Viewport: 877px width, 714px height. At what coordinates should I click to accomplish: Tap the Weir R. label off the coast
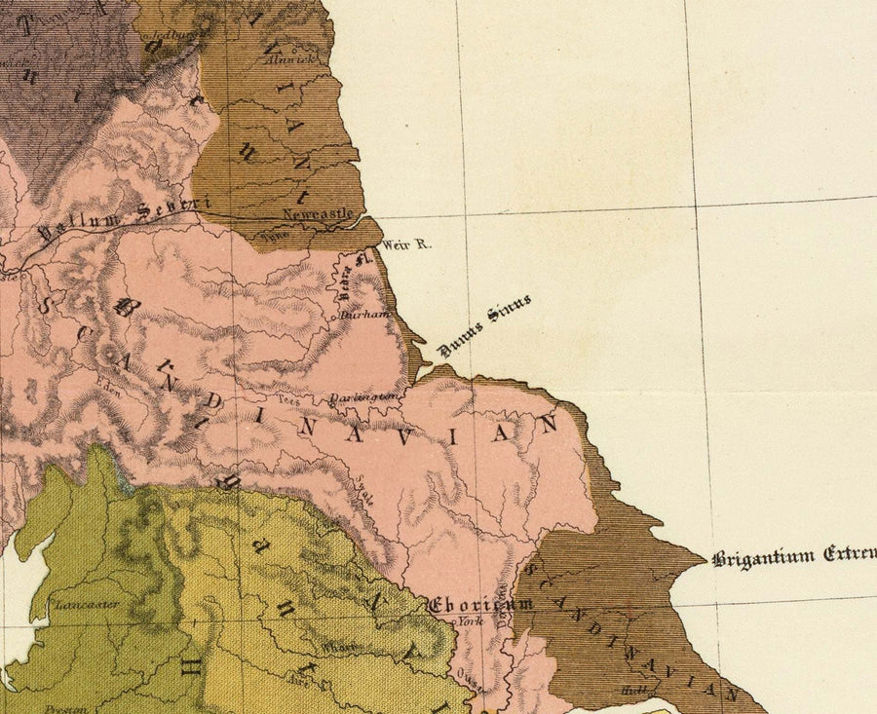[x=405, y=244]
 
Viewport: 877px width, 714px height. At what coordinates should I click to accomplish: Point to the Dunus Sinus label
[x=484, y=324]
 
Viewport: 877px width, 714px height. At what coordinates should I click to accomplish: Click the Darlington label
[x=363, y=397]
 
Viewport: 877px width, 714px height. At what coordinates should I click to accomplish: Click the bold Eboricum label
[x=481, y=605]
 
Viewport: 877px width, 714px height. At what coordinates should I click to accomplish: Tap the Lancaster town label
[x=87, y=604]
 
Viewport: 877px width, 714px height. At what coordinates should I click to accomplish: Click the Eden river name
[x=107, y=383]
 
